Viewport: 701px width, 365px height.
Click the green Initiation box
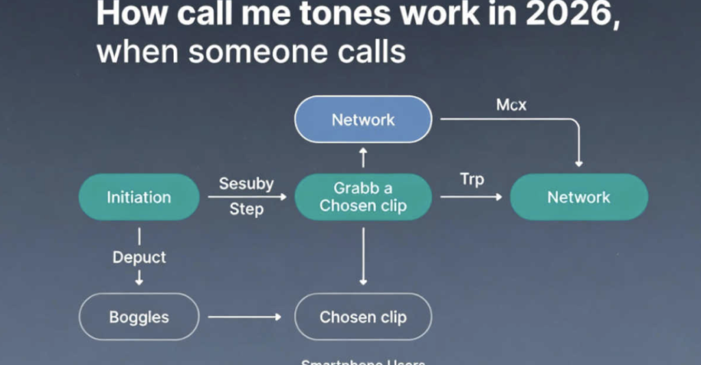(x=139, y=197)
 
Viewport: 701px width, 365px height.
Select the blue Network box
(x=363, y=120)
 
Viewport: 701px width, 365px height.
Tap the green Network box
(x=578, y=197)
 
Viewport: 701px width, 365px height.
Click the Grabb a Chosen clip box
(x=363, y=197)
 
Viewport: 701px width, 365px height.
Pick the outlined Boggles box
(x=139, y=317)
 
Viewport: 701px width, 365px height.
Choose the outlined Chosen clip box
(x=363, y=317)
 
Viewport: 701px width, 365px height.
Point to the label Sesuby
(x=246, y=183)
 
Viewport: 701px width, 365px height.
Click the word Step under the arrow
(x=246, y=209)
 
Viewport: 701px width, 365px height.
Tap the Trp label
(x=472, y=180)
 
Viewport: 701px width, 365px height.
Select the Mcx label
(x=511, y=105)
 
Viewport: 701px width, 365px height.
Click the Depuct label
(x=139, y=258)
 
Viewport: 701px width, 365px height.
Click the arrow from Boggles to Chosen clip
(x=244, y=317)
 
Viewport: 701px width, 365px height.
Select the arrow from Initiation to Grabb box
(x=246, y=197)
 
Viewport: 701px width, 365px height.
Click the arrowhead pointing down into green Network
(x=579, y=163)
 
